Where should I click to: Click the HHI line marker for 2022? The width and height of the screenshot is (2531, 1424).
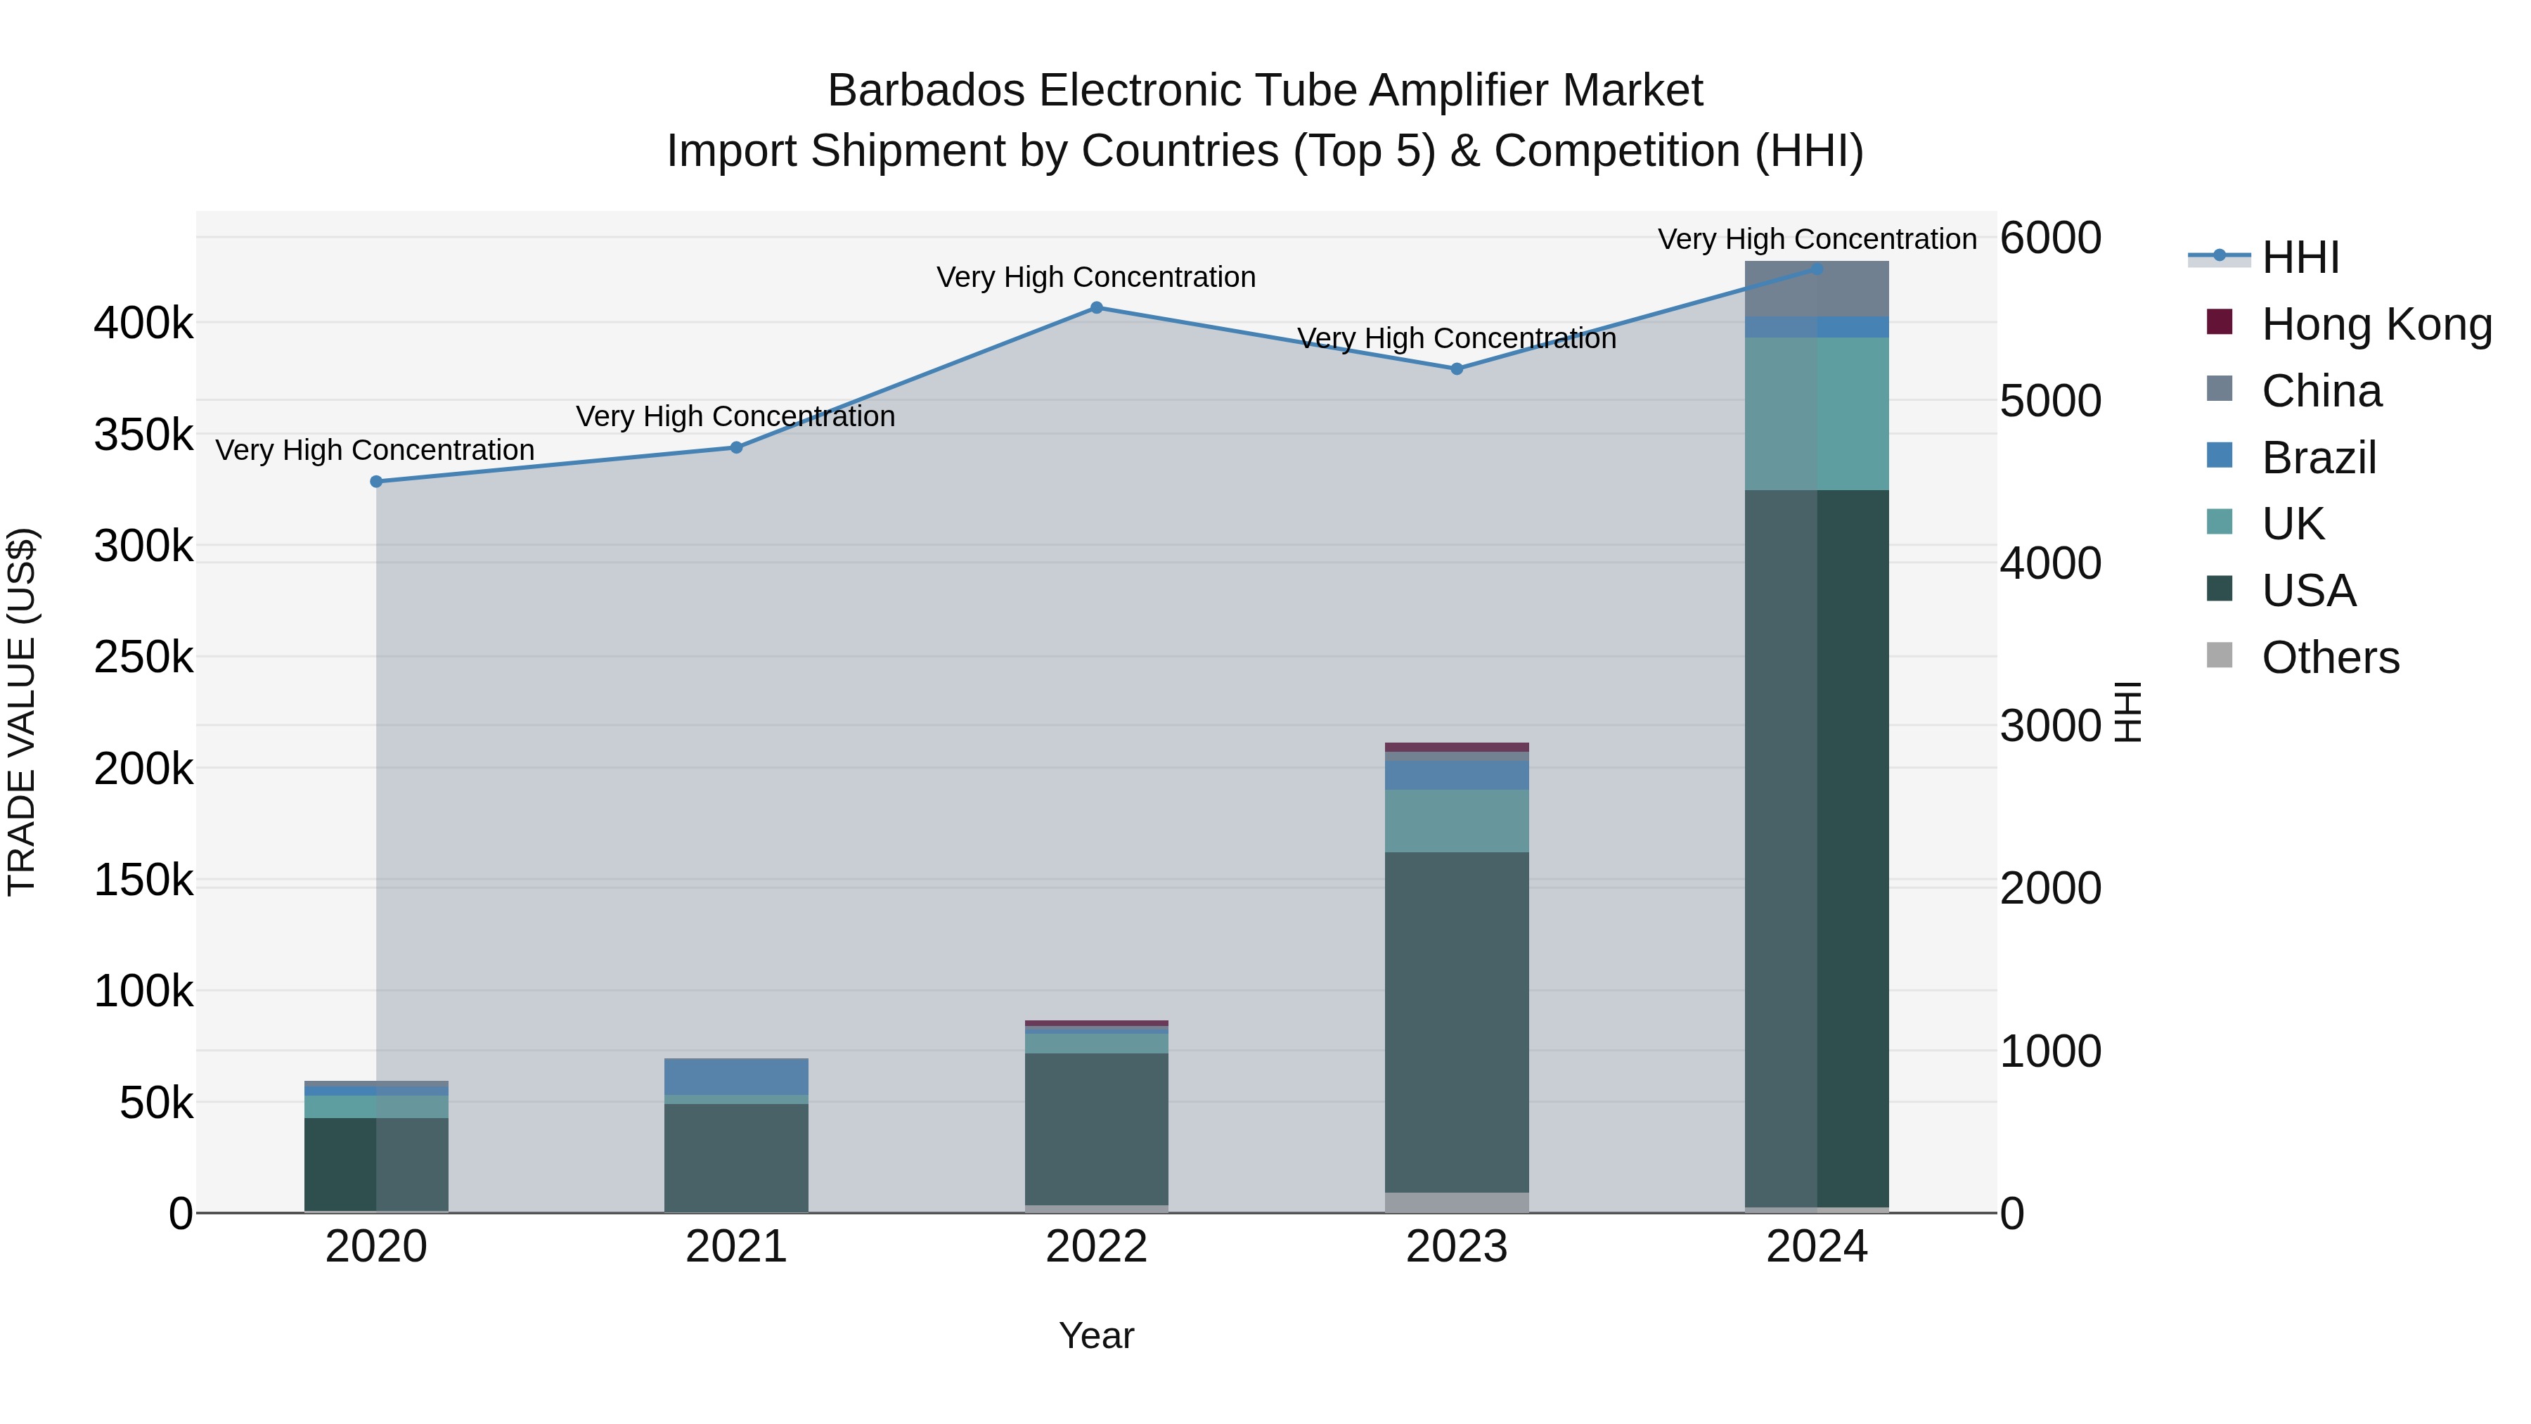(1097, 307)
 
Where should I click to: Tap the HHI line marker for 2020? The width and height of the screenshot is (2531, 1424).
(376, 482)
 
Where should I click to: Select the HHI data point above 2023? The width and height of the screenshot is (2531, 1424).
(1457, 369)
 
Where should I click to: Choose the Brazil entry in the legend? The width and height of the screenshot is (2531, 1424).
(2318, 458)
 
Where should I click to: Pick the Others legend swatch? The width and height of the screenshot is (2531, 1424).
(2220, 655)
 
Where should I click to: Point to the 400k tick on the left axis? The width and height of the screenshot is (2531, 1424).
(143, 323)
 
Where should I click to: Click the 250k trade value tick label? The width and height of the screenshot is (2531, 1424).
(143, 658)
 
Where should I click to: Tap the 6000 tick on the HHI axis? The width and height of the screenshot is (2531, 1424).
(2051, 239)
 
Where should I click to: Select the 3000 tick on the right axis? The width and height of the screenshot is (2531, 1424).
(2051, 726)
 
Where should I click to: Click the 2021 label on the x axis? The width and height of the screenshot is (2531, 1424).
(736, 1247)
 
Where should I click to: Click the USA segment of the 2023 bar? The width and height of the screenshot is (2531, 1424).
(1457, 1022)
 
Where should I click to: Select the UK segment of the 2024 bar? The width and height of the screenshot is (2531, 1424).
(1817, 413)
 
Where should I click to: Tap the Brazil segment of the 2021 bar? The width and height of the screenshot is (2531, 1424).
(736, 1076)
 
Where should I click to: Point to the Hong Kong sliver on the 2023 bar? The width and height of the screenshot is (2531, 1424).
(1457, 747)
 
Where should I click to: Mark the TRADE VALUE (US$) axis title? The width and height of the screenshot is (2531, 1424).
(22, 712)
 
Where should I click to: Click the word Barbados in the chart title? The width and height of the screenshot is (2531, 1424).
(929, 91)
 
